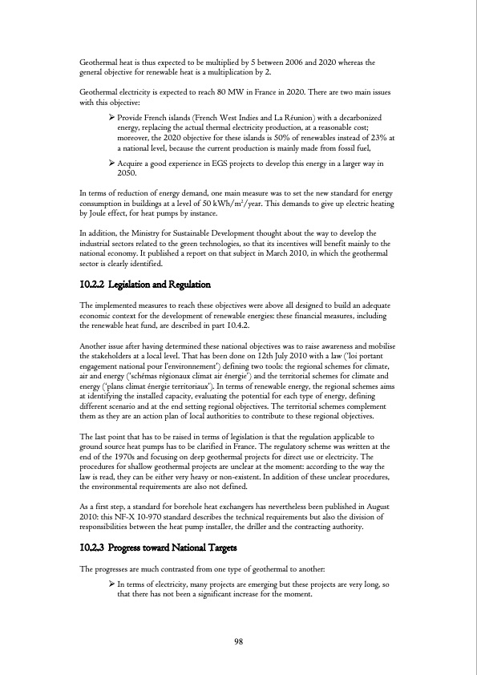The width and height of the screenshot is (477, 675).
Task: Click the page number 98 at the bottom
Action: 238,641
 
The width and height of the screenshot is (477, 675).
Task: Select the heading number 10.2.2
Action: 95,285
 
